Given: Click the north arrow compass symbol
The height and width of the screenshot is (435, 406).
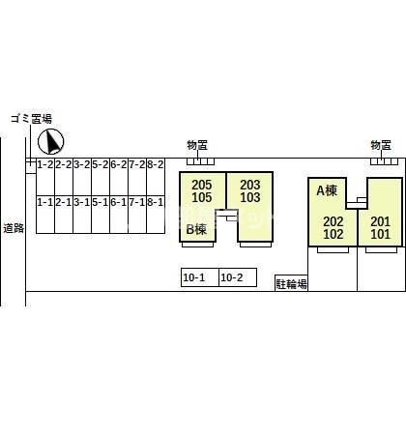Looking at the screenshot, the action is [x=51, y=141].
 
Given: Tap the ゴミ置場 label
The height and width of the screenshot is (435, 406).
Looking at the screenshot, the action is [x=31, y=119].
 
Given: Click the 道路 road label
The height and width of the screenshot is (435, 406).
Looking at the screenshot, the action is [x=14, y=228].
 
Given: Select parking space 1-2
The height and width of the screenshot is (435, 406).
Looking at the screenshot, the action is [x=45, y=177].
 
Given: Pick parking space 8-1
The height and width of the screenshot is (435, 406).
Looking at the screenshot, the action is [x=156, y=215].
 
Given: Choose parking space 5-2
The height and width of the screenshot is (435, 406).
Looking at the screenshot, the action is [x=101, y=177].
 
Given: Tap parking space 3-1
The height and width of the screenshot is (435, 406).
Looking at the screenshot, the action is [x=82, y=215].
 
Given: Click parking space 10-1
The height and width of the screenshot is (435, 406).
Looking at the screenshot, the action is [x=200, y=277].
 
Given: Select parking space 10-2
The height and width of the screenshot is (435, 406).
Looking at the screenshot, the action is [x=238, y=277].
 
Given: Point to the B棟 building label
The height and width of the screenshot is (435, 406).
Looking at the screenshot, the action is [x=196, y=229].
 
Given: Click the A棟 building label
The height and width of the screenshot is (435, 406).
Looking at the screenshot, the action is [x=327, y=190].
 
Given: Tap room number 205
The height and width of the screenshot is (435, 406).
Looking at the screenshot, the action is [x=202, y=185].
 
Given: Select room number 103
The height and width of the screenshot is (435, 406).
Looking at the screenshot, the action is [x=250, y=197].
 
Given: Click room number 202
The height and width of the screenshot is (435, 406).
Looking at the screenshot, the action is [x=333, y=221].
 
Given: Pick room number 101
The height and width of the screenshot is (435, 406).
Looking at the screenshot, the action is [x=381, y=234].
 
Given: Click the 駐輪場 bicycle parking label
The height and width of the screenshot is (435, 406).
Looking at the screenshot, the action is [x=292, y=284].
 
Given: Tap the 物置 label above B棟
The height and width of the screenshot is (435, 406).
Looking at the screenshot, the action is [x=197, y=145].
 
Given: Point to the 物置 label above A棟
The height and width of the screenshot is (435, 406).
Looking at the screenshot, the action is [x=381, y=145].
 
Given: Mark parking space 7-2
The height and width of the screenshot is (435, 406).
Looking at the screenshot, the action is [x=137, y=177].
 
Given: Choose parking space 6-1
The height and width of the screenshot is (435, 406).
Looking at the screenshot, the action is [x=119, y=215].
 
